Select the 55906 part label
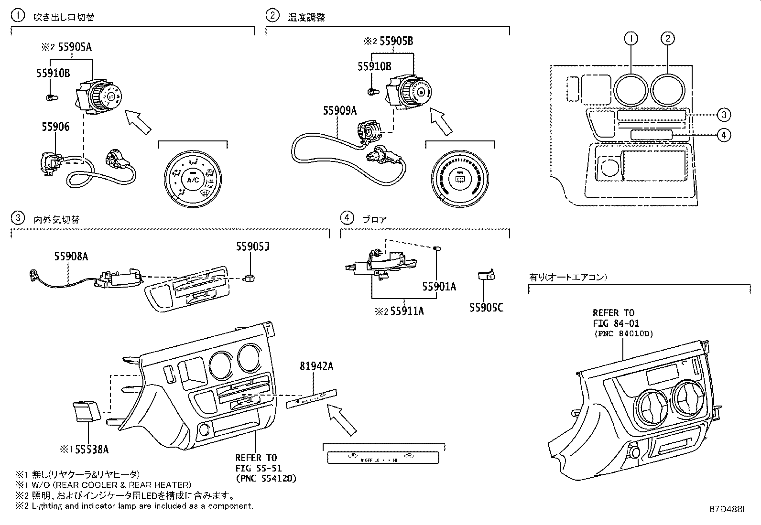pos(55,127)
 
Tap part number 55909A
pos(340,110)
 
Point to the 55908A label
pos(71,257)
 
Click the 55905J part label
pos(252,246)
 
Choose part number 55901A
pos(439,287)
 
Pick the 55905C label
pos(486,308)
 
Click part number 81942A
pos(316,366)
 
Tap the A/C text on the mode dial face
pos(193,180)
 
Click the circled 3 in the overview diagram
pos(724,115)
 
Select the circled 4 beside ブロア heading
pos(347,218)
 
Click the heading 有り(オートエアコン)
pos(568,277)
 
